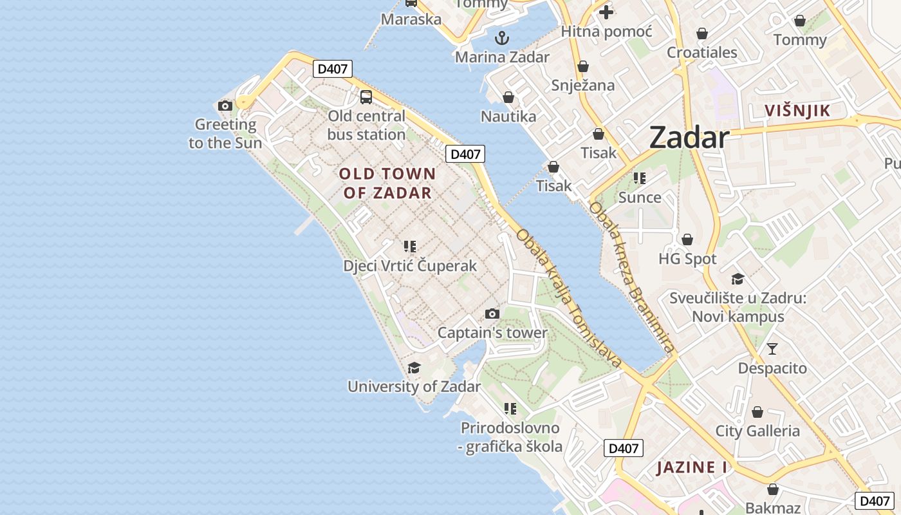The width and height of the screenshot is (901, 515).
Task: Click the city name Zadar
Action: click(689, 137)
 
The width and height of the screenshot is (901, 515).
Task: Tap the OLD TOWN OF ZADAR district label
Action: click(387, 183)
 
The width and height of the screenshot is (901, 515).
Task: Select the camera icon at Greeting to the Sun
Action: click(225, 106)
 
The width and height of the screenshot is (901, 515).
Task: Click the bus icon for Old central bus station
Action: click(366, 97)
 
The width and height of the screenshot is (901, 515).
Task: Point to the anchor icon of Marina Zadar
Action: click(502, 38)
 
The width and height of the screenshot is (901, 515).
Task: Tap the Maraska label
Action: click(411, 19)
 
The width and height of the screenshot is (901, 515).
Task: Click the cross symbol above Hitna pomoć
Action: click(606, 12)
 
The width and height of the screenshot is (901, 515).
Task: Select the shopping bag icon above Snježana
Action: click(583, 66)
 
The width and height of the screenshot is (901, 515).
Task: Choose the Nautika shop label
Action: click(508, 117)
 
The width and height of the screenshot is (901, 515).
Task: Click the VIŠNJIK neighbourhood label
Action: click(797, 111)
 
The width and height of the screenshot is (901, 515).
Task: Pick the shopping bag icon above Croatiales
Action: click(701, 33)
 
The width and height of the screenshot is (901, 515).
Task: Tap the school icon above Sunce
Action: click(639, 178)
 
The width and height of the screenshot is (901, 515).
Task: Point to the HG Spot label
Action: click(687, 259)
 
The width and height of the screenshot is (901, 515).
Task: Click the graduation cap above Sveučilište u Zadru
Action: click(738, 279)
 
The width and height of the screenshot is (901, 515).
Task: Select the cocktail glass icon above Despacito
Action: click(772, 349)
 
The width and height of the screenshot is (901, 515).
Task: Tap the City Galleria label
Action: click(757, 431)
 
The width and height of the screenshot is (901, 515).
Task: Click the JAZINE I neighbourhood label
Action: click(692, 467)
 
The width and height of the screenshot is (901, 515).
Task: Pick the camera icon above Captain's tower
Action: click(492, 314)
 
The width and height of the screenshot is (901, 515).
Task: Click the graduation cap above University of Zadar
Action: click(414, 368)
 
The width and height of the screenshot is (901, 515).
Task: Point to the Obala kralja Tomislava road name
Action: click(569, 298)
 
